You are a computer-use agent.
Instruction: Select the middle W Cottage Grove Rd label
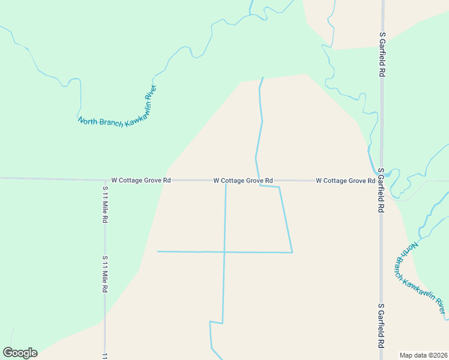(243, 181)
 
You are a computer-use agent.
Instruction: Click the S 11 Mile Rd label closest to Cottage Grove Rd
(105, 205)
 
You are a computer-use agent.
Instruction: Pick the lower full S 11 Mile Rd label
(105, 274)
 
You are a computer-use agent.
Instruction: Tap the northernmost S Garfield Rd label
(382, 54)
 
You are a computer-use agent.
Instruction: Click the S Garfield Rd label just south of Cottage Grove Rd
(381, 191)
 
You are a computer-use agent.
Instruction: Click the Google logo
(20, 353)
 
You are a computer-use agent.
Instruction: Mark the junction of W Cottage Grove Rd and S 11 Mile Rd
(105, 179)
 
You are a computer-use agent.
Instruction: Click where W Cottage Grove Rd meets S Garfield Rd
(382, 181)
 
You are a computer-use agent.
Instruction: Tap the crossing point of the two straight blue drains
(224, 252)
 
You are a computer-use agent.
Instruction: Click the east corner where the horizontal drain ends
(292, 253)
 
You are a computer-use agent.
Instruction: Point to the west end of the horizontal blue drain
(158, 251)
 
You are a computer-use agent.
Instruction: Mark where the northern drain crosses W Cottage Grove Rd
(258, 180)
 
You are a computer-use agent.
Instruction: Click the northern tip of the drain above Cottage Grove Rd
(262, 77)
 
